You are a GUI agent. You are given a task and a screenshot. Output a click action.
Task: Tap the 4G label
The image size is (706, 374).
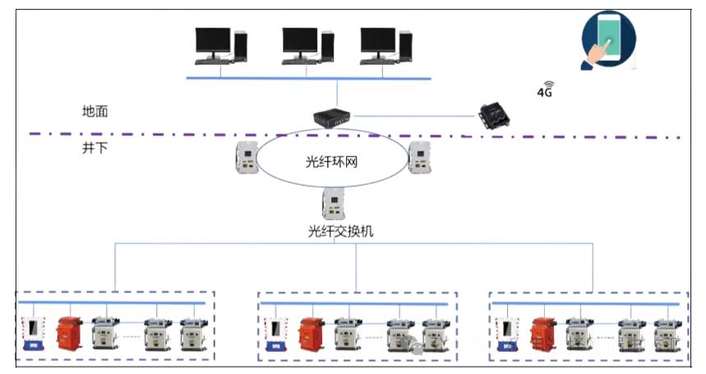[545, 91]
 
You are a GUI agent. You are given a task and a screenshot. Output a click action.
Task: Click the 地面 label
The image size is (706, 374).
[95, 112]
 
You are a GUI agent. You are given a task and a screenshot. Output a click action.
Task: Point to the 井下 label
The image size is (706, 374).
[95, 148]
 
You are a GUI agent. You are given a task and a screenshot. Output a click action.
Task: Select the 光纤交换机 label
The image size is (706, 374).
[335, 232]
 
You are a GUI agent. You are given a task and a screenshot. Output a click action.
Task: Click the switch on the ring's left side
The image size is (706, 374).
[246, 157]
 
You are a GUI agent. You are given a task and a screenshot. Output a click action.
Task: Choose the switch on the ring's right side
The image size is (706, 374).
[420, 157]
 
